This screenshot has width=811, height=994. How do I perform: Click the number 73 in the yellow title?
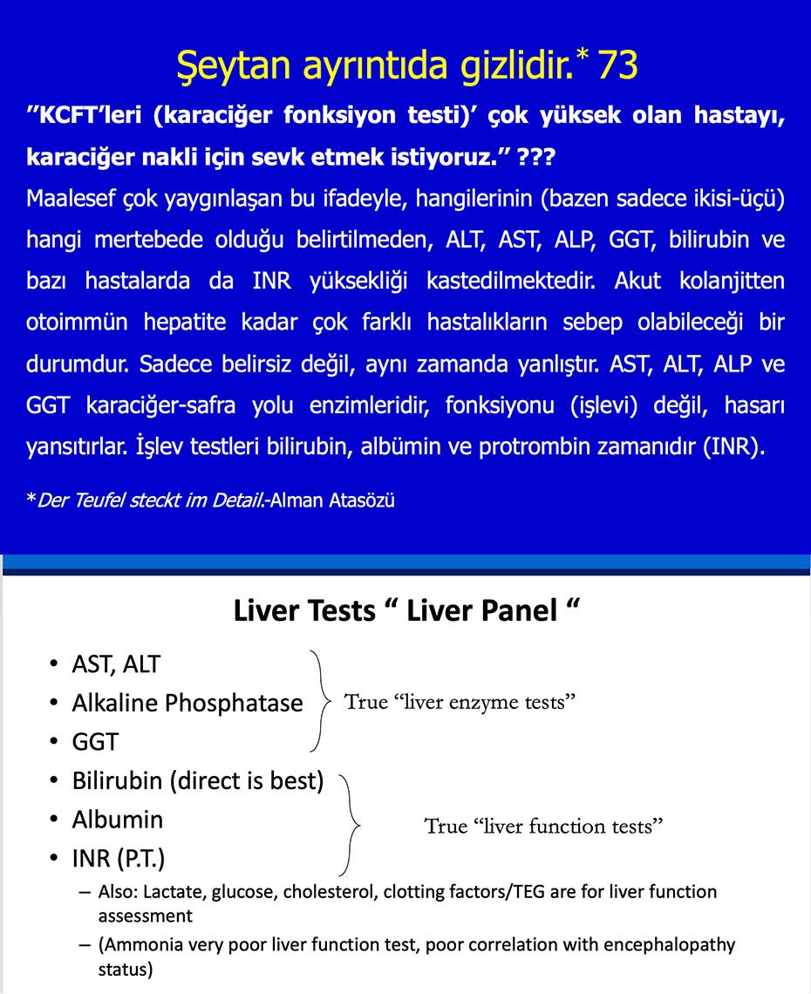point(617,65)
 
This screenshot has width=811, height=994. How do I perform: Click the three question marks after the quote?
point(534,160)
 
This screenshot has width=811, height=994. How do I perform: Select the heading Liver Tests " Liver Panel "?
point(406,610)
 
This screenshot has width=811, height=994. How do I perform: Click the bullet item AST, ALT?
point(116,664)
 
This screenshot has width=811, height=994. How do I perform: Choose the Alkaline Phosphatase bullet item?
point(187,703)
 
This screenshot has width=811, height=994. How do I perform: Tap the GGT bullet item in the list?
point(95,742)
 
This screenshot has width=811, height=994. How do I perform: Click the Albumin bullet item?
point(117,820)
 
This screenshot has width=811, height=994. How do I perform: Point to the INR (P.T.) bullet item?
point(119,858)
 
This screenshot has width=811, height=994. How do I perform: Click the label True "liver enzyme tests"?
point(460,702)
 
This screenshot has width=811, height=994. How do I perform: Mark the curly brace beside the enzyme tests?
point(320,701)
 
